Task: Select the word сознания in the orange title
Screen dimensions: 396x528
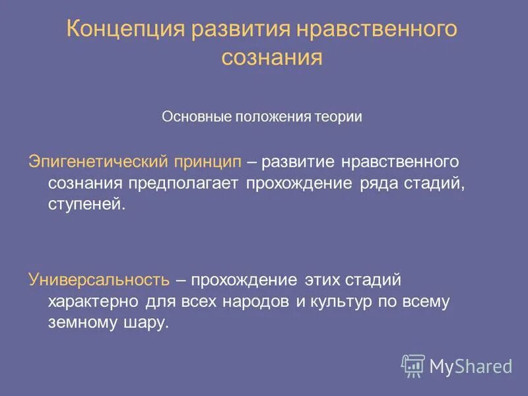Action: pos(271,57)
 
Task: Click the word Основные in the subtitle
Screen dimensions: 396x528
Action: pos(191,117)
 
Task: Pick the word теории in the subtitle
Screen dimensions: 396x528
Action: pos(340,117)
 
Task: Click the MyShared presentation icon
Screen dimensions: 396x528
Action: pos(412,365)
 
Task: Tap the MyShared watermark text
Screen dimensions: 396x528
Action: pos(471,366)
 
